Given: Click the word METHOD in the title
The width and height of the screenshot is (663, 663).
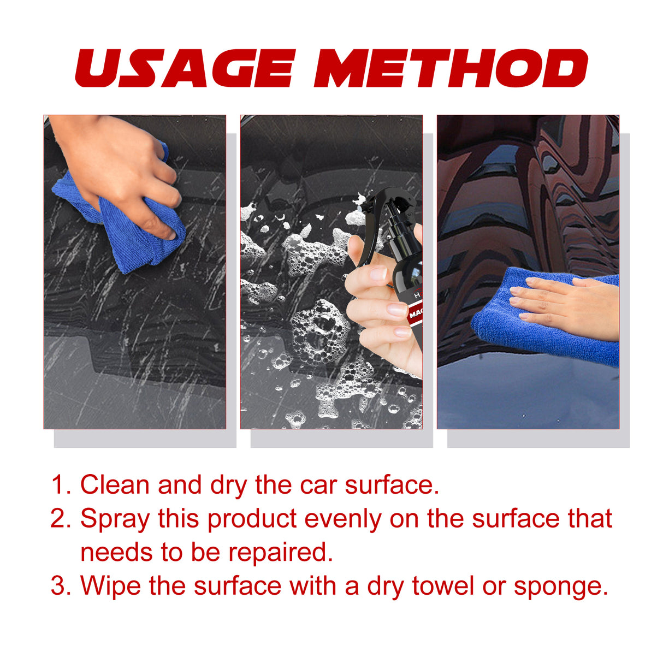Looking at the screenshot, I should coord(451,68).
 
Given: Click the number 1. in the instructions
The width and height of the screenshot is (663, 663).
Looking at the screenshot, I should coord(61,485).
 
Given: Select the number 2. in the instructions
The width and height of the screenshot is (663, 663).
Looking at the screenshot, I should coord(61,519).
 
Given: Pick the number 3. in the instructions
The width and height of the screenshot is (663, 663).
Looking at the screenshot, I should coord(61,586).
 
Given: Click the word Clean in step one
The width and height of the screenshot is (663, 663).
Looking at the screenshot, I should coord(115,485).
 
